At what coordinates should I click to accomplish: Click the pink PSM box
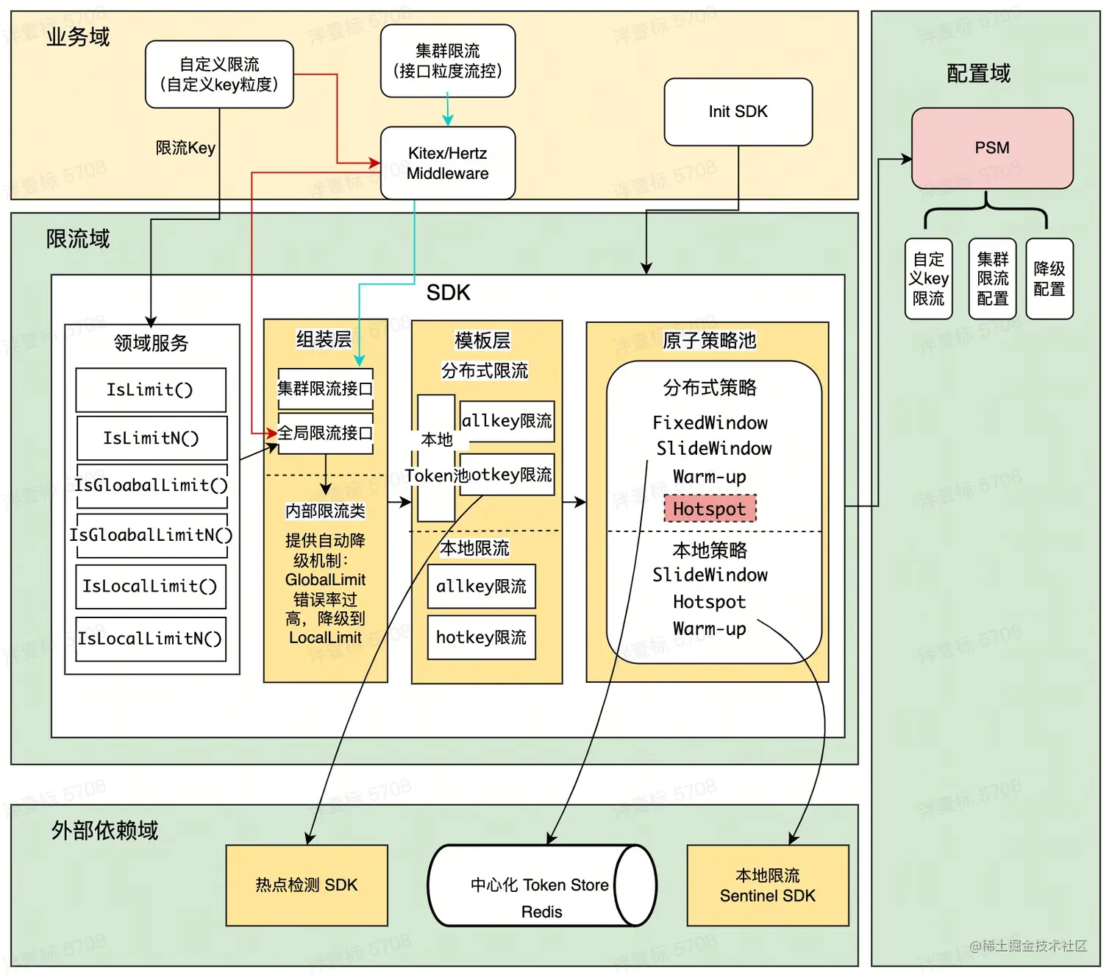(x=991, y=148)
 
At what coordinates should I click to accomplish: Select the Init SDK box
(x=738, y=112)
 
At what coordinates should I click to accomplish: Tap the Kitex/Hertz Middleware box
(x=447, y=163)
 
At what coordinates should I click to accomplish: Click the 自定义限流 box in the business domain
(x=219, y=74)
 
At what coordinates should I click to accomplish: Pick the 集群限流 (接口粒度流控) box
(x=447, y=61)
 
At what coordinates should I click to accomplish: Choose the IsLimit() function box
(x=150, y=390)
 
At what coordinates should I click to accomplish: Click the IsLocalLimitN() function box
(x=150, y=639)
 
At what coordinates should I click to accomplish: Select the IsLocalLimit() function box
(x=150, y=587)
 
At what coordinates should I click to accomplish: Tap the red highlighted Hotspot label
(x=709, y=509)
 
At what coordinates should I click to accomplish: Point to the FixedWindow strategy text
(x=710, y=423)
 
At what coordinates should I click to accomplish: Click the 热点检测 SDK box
(x=306, y=885)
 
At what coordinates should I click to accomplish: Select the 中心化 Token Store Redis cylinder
(x=541, y=885)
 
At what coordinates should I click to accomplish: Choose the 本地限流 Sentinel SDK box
(x=767, y=885)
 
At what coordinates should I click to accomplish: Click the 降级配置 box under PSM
(x=1049, y=279)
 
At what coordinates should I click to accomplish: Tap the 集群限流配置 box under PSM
(x=992, y=279)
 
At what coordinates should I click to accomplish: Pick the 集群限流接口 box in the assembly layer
(x=325, y=389)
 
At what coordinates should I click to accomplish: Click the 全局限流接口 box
(x=325, y=433)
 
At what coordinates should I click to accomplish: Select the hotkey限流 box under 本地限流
(x=481, y=637)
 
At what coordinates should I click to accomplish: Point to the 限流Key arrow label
(x=185, y=148)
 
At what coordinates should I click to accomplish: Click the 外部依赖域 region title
(x=104, y=831)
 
